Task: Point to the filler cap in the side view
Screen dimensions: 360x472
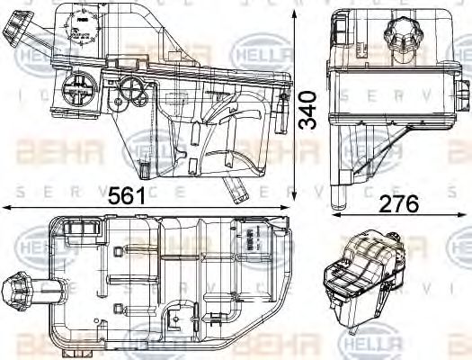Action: (400, 40)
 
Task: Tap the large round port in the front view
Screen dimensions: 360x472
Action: (75, 90)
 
